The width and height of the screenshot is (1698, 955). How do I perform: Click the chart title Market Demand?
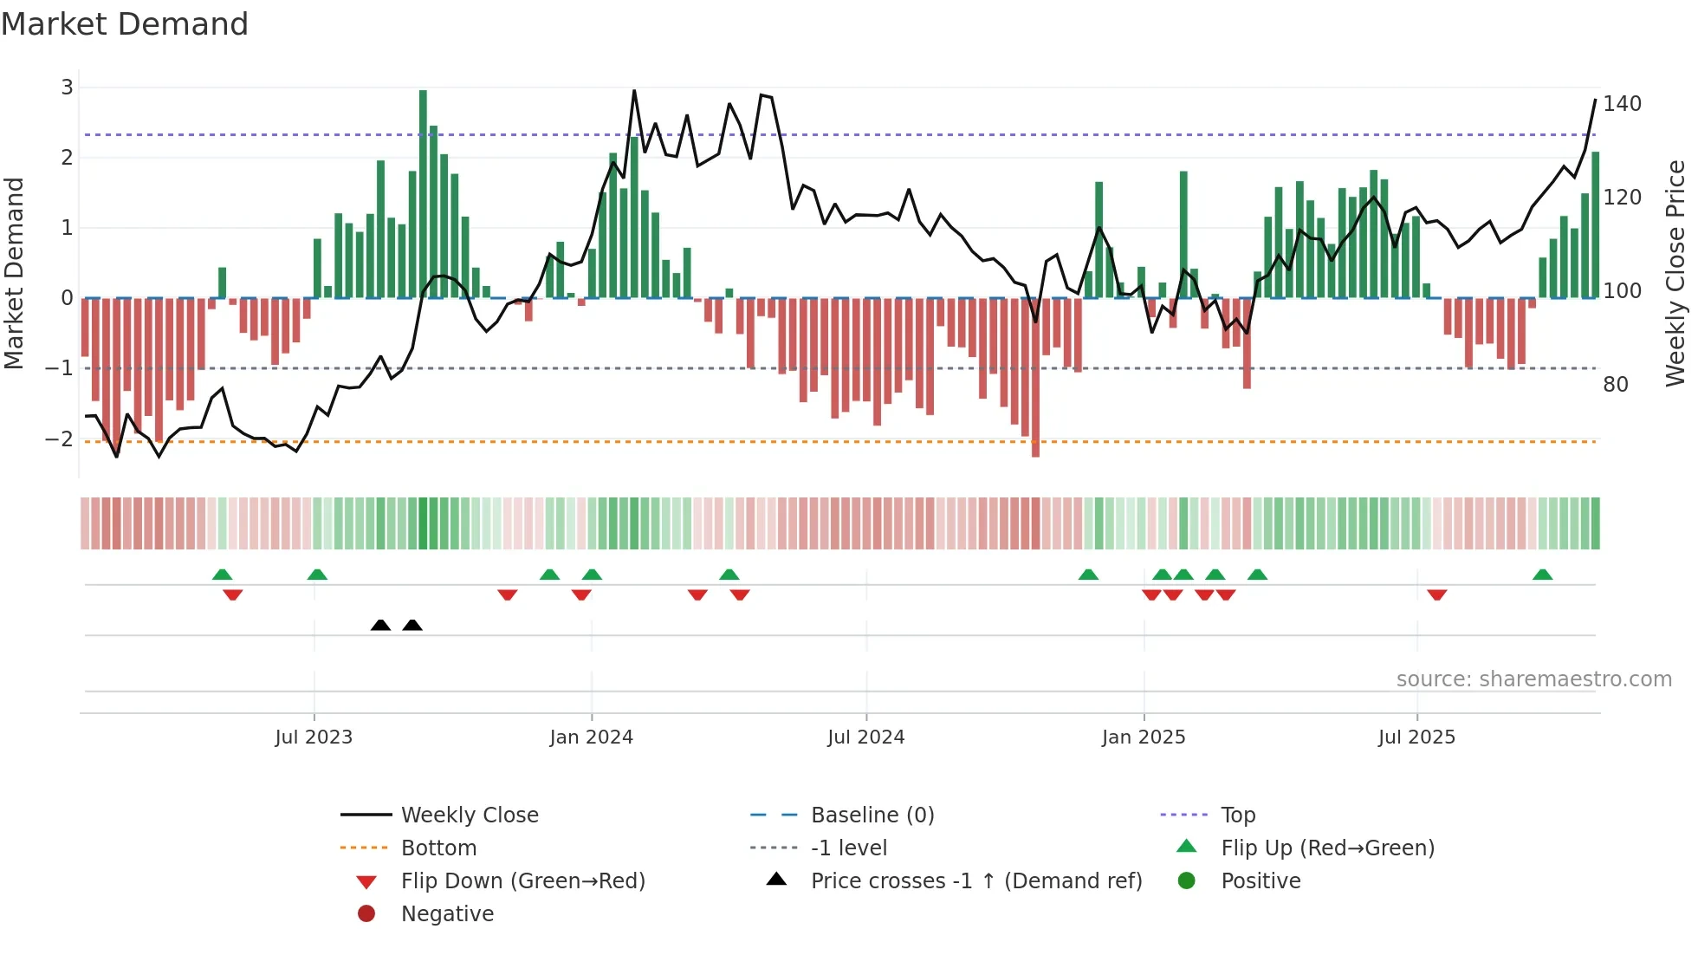point(125,24)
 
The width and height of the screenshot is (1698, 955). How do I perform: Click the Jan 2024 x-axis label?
point(591,737)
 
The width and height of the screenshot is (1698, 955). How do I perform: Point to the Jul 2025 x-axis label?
point(1416,737)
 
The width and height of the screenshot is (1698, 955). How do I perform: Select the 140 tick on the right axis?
point(1622,104)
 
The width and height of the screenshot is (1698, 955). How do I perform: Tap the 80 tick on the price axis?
point(1615,385)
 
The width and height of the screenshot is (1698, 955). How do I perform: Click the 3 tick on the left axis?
point(67,88)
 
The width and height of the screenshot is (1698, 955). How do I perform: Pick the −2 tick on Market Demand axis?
point(59,439)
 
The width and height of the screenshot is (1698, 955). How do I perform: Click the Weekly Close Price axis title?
point(1675,273)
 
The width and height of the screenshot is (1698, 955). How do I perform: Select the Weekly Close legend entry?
point(469,815)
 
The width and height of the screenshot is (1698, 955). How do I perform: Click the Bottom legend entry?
point(438,848)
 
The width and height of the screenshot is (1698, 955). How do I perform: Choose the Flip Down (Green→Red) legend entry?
point(522,881)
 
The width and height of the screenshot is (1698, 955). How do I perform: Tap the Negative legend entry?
point(447,914)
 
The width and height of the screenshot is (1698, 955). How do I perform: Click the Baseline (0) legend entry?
point(872,815)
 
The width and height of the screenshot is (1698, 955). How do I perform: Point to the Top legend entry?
point(1237,815)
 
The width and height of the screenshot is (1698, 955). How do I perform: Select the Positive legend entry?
point(1261,881)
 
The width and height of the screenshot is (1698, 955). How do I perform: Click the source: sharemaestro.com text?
point(1533,679)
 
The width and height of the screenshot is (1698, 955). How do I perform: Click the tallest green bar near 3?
point(423,192)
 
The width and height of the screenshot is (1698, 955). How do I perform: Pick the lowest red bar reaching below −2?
point(1035,378)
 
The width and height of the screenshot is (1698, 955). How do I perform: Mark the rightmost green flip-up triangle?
point(1542,575)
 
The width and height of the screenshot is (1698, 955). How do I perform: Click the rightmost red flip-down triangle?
point(1437,594)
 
